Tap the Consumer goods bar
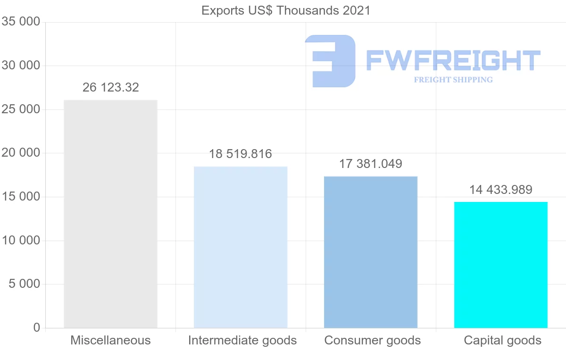click(x=371, y=252)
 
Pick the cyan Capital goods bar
click(x=501, y=265)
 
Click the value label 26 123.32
click(x=111, y=87)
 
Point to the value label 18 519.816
click(x=241, y=154)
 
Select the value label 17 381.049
click(x=371, y=164)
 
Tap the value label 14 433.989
click(x=501, y=190)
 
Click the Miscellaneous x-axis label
click(x=110, y=340)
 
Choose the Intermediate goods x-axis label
click(x=242, y=340)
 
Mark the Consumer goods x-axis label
click(x=373, y=340)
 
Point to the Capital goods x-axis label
click(x=503, y=340)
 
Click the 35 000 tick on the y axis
click(x=21, y=22)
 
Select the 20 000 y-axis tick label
click(x=21, y=153)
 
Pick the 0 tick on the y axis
click(x=37, y=328)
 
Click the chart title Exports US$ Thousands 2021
click(x=286, y=10)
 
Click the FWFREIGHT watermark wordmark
click(x=453, y=60)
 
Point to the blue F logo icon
click(x=330, y=61)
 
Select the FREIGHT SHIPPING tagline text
click(x=453, y=80)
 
